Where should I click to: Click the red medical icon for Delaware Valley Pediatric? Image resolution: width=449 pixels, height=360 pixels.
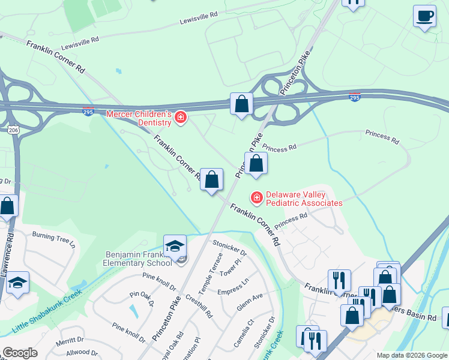(x=256, y=197)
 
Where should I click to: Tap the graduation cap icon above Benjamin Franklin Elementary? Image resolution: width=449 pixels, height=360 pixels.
(x=175, y=245)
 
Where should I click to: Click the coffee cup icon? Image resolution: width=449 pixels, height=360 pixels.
(x=424, y=16)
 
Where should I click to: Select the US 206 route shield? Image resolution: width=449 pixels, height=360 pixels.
(x=13, y=129)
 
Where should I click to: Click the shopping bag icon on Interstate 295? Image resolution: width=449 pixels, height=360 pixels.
(x=241, y=104)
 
